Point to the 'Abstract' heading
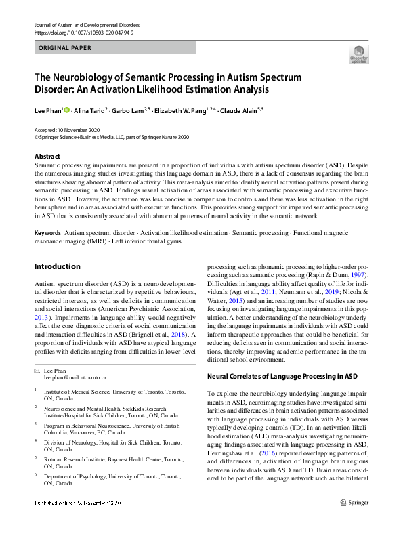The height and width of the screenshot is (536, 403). [47, 156]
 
